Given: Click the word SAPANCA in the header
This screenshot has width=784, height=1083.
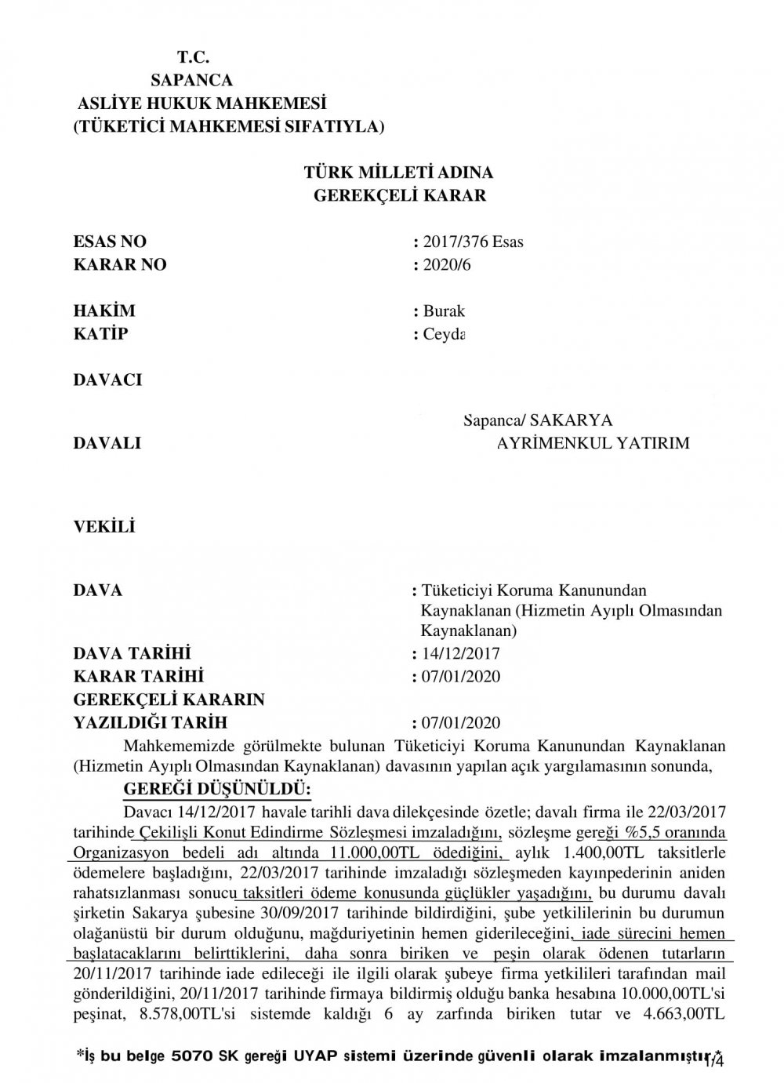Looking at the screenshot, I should click(x=191, y=80).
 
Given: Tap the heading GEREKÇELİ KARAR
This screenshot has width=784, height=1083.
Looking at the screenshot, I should click(x=399, y=196).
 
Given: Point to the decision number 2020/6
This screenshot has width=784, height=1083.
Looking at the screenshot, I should click(x=445, y=265).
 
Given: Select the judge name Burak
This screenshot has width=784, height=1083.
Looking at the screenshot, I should click(x=444, y=311).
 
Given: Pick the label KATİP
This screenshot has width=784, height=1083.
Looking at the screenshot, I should click(x=100, y=334).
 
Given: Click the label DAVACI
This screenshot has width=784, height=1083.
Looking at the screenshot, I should click(x=107, y=380).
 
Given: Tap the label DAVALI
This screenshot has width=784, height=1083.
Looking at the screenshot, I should click(x=107, y=443).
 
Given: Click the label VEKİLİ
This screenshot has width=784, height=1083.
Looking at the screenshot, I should click(x=103, y=526).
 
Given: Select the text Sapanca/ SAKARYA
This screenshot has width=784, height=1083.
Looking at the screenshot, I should click(x=538, y=420).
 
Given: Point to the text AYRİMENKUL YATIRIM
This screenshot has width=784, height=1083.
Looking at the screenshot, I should click(x=593, y=443).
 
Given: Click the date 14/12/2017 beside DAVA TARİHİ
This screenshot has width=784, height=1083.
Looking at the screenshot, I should click(x=460, y=654).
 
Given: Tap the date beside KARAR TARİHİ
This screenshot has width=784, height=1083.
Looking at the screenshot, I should click(x=460, y=677).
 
